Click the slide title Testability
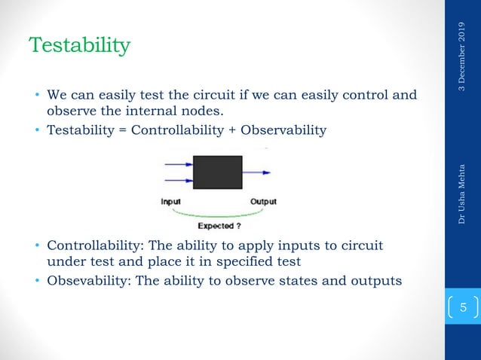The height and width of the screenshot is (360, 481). coord(79,46)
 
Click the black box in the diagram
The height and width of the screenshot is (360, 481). coord(218,172)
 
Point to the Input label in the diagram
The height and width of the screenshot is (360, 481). coord(173,201)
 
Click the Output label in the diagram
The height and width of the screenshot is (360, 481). coord(262,201)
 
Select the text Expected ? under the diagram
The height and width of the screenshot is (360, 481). coord(219,224)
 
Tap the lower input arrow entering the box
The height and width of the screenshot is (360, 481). coord(178,180)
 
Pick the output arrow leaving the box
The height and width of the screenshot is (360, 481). coord(256,172)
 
